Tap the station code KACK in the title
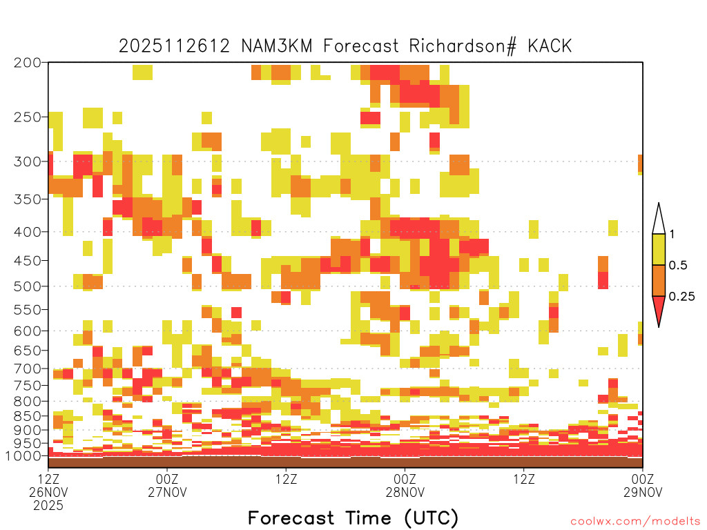(x=550, y=46)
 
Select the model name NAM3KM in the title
(x=276, y=46)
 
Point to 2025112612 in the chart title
(x=175, y=46)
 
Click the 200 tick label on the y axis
(x=28, y=62)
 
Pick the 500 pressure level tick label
(x=28, y=286)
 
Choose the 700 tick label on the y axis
(x=28, y=369)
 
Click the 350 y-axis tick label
(x=28, y=199)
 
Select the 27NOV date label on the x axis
(x=167, y=492)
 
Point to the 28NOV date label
(x=405, y=492)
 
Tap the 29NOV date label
(x=643, y=492)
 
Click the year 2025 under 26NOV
(x=48, y=506)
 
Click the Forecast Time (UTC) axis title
(x=353, y=518)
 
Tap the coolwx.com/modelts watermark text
(x=635, y=522)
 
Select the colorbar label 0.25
(x=681, y=296)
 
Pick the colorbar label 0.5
(x=678, y=265)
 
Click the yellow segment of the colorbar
(x=659, y=249)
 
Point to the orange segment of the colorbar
(x=659, y=280)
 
